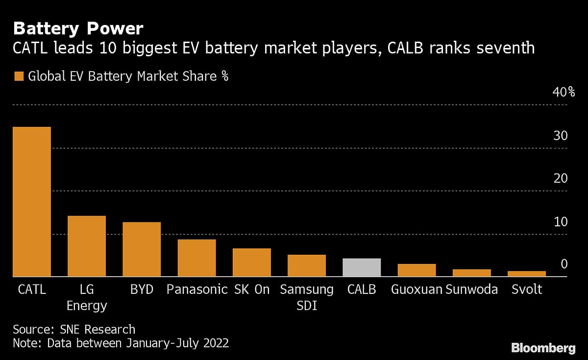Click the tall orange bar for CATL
[x=31, y=202]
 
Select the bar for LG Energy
[x=86, y=246]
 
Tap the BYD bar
[x=142, y=250]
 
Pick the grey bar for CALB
[x=362, y=267]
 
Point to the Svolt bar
[x=527, y=274]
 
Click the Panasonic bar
[x=196, y=258]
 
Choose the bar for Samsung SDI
[x=307, y=265]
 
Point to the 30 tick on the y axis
[x=560, y=136]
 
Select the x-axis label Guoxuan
[x=416, y=289]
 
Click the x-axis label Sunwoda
[x=471, y=289]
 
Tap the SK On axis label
[x=251, y=289]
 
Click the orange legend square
[x=19, y=76]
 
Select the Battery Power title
[x=78, y=29]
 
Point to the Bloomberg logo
[x=543, y=348]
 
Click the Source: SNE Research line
[x=74, y=329]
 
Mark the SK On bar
[x=251, y=263]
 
